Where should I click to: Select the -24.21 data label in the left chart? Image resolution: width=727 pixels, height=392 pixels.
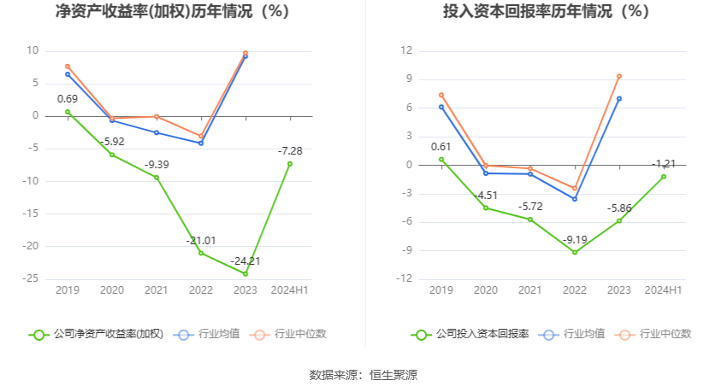[x=245, y=261]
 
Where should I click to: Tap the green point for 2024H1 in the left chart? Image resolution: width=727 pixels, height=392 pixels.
[x=290, y=164]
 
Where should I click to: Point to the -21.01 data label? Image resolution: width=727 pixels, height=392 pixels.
[x=201, y=241]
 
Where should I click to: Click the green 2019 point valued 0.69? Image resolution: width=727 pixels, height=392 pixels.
[x=68, y=112]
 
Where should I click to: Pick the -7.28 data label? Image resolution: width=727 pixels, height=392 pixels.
[x=290, y=151]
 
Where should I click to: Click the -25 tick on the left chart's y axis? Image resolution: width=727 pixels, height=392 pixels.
[x=31, y=278]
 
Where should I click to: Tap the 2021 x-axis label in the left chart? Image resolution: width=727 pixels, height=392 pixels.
[x=157, y=291]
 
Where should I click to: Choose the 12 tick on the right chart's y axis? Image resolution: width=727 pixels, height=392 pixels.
[x=408, y=50]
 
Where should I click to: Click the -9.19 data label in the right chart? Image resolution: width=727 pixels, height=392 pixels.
[x=575, y=240]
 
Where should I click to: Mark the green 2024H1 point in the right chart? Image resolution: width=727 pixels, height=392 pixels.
[x=663, y=177]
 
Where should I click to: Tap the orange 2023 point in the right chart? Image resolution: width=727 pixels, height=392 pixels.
[x=618, y=76]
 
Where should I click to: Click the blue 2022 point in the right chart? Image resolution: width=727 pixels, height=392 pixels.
[x=575, y=199]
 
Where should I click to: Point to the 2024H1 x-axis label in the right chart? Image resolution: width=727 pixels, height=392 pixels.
[x=663, y=291]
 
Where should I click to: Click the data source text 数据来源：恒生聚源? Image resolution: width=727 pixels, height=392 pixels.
[x=363, y=375]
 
